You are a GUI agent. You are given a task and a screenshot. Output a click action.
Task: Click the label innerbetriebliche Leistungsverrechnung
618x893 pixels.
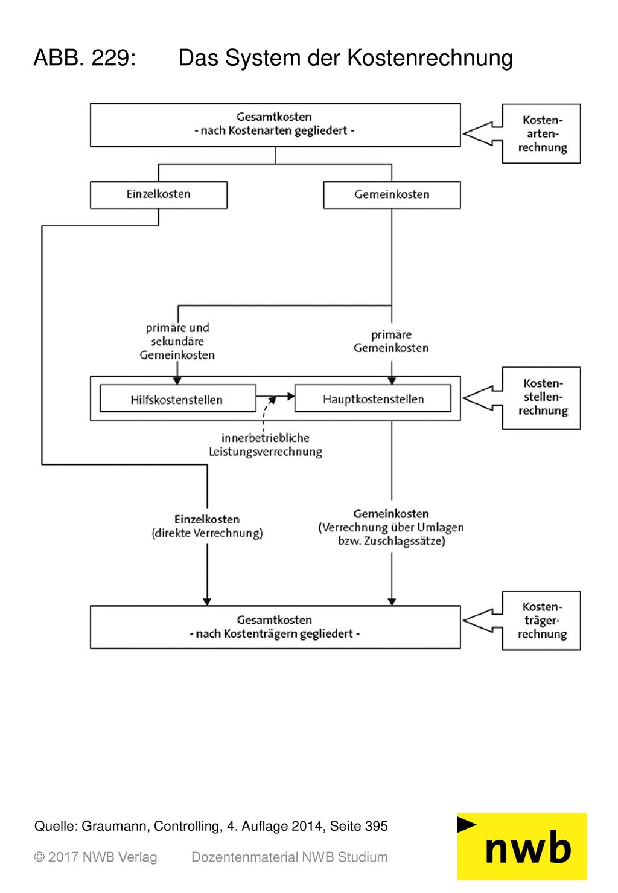pos(266,445)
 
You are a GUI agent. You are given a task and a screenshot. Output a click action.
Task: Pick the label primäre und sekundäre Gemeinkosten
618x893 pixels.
pos(177,341)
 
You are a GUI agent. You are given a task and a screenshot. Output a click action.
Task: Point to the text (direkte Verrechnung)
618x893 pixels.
pos(207,533)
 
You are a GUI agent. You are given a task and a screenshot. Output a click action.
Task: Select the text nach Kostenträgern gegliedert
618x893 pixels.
pos(275,633)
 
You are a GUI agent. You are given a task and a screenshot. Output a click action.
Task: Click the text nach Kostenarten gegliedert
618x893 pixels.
pos(274,130)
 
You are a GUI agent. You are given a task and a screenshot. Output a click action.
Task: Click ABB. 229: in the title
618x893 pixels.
pos(85,58)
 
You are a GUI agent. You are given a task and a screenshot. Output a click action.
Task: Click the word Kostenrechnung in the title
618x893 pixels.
pos(430,58)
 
